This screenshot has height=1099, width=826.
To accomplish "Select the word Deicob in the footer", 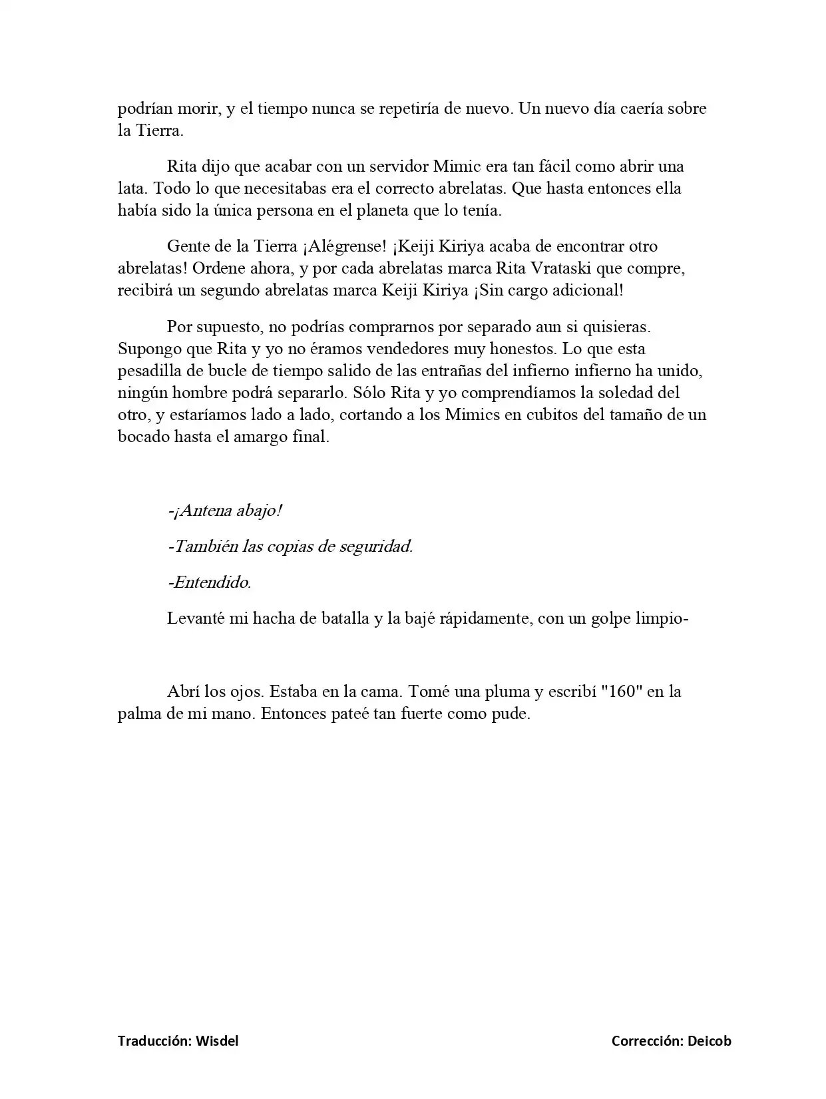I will point(710,1041).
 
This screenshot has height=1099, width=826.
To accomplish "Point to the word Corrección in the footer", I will point(647,1041).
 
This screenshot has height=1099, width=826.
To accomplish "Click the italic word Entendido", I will point(209,582).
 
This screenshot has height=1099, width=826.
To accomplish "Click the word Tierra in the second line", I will point(159,130).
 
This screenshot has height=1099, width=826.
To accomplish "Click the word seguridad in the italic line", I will point(376,547).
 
